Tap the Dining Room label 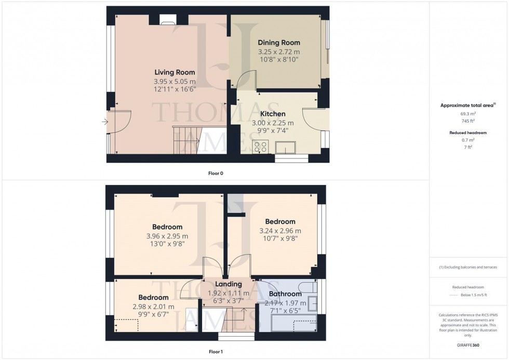click(279, 43)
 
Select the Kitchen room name click(273, 114)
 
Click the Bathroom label click(285, 294)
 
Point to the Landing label click(229, 284)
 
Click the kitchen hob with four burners click(260, 147)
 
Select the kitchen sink click(285, 149)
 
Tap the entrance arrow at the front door click(105, 122)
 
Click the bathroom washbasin click(313, 304)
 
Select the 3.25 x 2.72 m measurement click(279, 52)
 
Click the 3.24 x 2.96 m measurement click(280, 231)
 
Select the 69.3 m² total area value click(468, 113)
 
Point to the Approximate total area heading click(467, 105)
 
